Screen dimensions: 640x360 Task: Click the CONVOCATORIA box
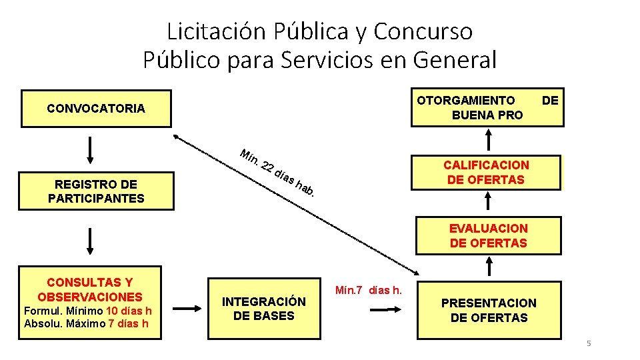[x=96, y=108]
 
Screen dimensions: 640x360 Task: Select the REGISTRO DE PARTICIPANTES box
[x=96, y=191]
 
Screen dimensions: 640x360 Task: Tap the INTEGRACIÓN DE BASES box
[x=263, y=309]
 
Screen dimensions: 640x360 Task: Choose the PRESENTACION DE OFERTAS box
[x=489, y=311]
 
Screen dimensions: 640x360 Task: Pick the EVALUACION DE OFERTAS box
[x=489, y=236]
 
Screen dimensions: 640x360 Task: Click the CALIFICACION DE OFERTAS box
[x=487, y=172]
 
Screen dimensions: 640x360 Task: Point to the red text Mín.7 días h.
[x=368, y=290]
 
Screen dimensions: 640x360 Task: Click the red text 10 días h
[x=129, y=311]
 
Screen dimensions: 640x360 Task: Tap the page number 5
[x=589, y=343]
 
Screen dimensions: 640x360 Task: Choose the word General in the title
[x=455, y=60]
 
